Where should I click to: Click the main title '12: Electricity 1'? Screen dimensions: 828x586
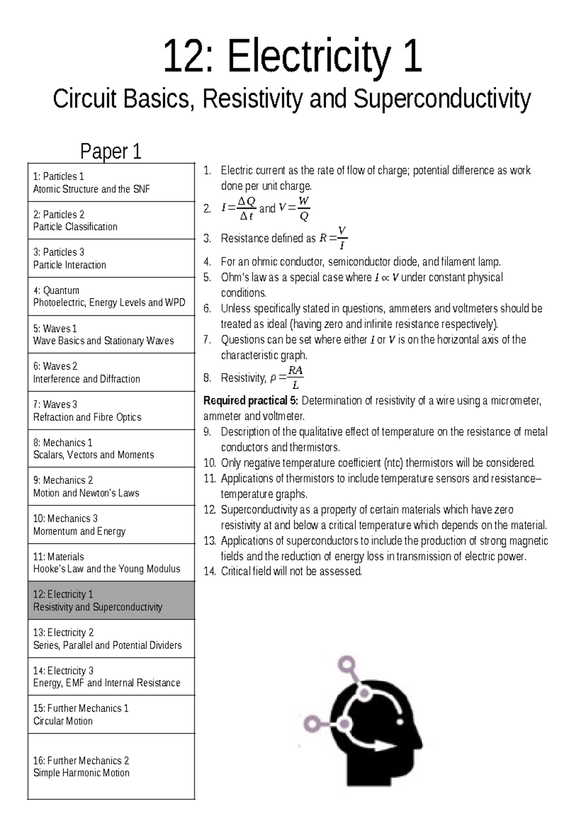[x=292, y=57]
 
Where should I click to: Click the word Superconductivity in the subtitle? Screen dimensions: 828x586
[x=441, y=99]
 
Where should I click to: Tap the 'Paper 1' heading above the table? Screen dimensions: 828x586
[x=111, y=151]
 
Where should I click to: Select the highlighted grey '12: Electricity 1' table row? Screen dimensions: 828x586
[x=111, y=600]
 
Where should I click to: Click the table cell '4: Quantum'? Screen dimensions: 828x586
[x=111, y=296]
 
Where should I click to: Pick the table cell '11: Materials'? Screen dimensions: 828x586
[x=111, y=562]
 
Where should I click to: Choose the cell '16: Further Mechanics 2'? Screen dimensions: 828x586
[x=111, y=766]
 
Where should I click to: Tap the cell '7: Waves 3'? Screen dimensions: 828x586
[x=111, y=411]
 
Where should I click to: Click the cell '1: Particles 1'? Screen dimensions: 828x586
[x=111, y=182]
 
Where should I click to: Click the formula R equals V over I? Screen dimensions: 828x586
[x=334, y=238]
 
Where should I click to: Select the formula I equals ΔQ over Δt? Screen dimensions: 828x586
[x=239, y=208]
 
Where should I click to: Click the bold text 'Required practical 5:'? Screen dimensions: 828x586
[x=251, y=401]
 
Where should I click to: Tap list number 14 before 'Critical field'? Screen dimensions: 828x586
[x=209, y=572]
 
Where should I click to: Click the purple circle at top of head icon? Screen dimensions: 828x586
[x=348, y=664]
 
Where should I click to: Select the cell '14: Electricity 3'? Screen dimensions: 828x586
[x=111, y=677]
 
